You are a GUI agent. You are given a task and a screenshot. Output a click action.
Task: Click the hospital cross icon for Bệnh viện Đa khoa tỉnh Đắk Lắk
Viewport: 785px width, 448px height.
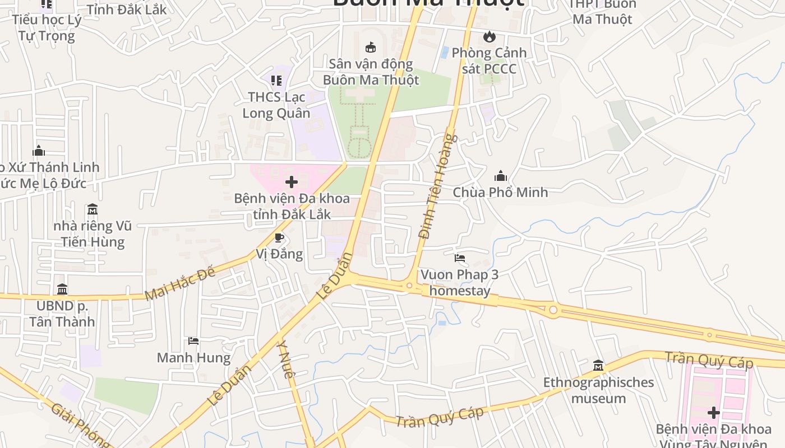[x=292, y=182]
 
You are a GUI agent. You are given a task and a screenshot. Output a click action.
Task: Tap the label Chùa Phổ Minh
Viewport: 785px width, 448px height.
[x=500, y=192]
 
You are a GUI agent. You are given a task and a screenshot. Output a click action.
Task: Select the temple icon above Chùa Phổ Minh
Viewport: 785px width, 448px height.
[x=501, y=176]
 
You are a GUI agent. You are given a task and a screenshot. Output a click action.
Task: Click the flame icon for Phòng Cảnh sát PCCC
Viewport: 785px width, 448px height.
[x=490, y=37]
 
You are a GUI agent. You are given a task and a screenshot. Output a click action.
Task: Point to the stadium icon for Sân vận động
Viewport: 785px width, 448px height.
[x=370, y=48]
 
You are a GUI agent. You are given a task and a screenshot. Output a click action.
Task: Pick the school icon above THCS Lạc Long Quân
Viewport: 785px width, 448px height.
[x=276, y=81]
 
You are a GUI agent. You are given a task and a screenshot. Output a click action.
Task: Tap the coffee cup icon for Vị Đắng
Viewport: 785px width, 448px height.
[x=279, y=238]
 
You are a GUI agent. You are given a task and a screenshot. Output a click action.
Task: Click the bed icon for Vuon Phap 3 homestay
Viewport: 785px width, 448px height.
[x=460, y=258]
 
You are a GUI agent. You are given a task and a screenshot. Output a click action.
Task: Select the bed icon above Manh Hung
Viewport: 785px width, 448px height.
[x=193, y=341]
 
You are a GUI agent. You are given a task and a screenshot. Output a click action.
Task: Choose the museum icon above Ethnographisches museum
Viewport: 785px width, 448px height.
[x=598, y=366]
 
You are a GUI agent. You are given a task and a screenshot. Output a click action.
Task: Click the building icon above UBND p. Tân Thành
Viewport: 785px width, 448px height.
[x=62, y=290]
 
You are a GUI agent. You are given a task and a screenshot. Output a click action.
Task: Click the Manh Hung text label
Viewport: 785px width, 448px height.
[x=193, y=358]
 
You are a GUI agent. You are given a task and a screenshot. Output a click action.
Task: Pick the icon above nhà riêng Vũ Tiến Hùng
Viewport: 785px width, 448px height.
[x=93, y=209]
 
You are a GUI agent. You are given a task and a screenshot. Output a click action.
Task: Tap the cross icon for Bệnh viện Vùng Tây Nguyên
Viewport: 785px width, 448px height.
[x=713, y=413]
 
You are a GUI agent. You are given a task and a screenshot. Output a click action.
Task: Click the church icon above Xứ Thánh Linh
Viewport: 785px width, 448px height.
[x=39, y=151]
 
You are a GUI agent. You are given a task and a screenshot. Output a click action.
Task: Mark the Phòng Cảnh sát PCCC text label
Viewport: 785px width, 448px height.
[x=489, y=60]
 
